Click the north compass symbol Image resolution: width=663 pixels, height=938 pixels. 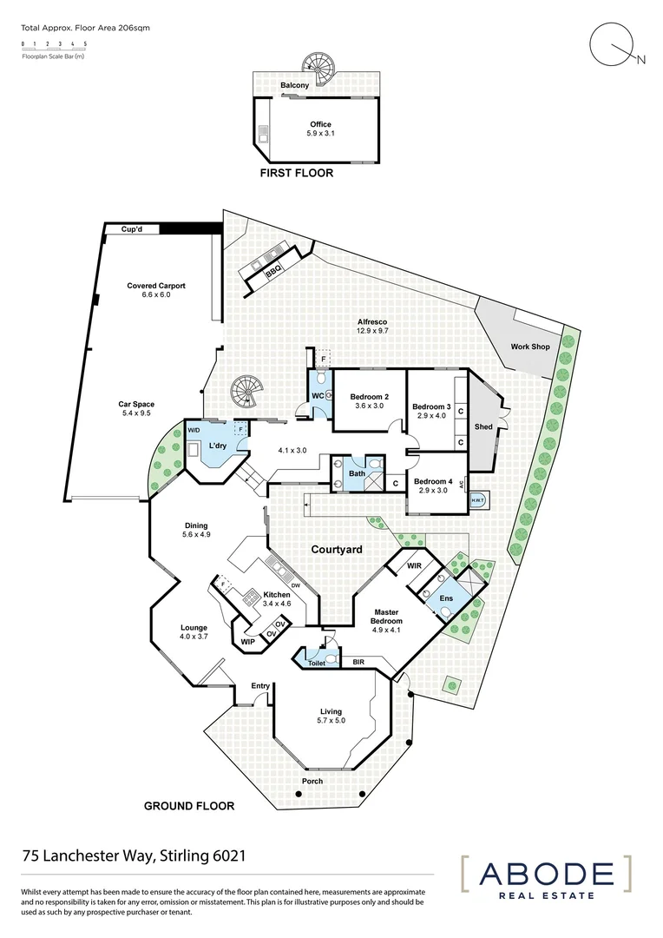(611, 44)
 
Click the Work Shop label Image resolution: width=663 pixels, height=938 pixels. (530, 347)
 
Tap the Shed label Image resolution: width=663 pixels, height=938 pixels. (483, 427)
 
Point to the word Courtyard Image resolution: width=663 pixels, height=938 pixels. (337, 550)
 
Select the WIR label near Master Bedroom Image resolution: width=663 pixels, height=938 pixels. (414, 566)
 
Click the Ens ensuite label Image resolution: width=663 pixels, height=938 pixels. (446, 598)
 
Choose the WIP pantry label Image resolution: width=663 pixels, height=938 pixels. (248, 642)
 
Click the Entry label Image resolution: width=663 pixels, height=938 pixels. (260, 686)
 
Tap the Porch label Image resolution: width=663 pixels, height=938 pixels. (312, 781)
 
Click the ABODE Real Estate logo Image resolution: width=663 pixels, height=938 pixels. (544, 878)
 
